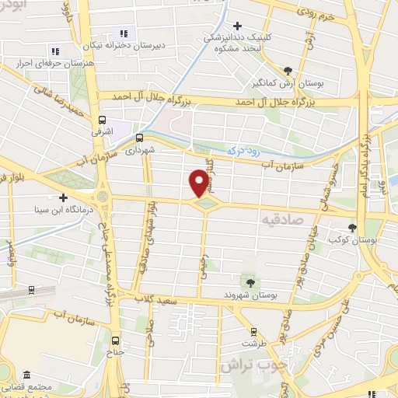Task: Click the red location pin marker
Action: coord(199,183)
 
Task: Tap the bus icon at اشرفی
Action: coord(102,120)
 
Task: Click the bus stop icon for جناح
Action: coord(115,340)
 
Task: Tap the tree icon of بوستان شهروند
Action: coord(250,282)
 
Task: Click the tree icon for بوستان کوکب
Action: coord(354,229)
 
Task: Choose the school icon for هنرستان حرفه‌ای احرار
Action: coord(54,51)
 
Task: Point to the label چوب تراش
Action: coord(251,363)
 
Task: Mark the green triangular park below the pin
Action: coord(205,204)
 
